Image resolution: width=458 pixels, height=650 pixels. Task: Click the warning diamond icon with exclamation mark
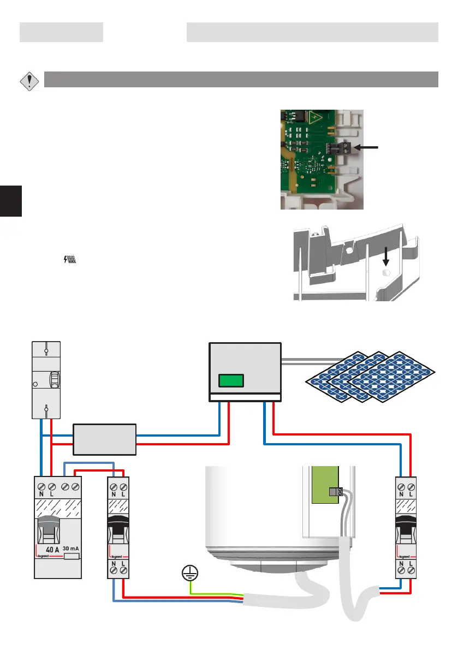pyautogui.click(x=29, y=81)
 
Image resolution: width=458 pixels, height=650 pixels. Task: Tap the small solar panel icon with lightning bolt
pyautogui.click(x=69, y=261)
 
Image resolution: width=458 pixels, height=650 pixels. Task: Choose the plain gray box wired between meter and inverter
pyautogui.click(x=104, y=439)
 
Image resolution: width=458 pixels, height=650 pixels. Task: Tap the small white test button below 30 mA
pyautogui.click(x=72, y=557)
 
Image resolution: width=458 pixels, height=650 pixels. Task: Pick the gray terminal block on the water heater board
pyautogui.click(x=335, y=491)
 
